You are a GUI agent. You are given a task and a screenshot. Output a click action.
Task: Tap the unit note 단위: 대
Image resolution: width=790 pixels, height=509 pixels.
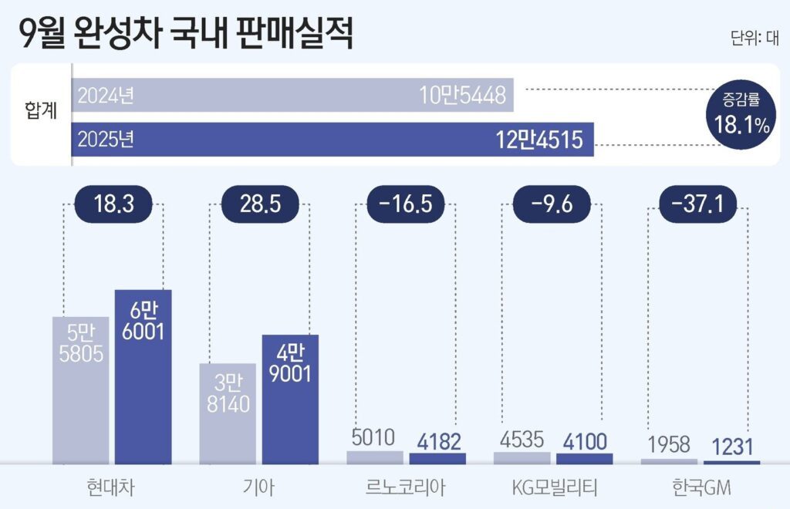pos(754,39)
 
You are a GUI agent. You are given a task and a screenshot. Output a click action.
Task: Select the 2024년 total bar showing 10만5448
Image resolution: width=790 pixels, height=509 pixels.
pos(293,96)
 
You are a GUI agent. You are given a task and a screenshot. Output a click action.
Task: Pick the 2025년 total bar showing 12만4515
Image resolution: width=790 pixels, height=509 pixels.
pos(333,140)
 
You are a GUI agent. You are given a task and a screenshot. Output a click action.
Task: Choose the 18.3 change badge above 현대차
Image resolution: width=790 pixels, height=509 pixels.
pos(113,205)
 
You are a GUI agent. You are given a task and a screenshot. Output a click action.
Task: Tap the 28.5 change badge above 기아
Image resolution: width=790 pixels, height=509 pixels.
pos(260,205)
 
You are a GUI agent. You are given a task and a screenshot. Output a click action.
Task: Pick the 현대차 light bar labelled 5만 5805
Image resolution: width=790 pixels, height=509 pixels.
pos(80,390)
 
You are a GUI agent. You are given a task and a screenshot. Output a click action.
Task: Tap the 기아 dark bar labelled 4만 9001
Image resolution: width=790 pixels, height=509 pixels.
pos(290,399)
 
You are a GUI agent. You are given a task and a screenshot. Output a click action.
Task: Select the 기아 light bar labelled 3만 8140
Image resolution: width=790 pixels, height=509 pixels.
pos(228,413)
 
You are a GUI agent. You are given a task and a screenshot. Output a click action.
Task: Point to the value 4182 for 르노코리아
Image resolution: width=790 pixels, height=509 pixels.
pos(437,442)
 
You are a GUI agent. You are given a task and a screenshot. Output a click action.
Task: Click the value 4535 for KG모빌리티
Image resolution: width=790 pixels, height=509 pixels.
pos(522,439)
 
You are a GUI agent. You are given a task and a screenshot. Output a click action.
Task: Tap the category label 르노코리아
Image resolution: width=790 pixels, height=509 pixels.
pos(407,488)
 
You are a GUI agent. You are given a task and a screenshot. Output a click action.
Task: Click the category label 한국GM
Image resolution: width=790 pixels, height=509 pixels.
pos(699,488)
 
